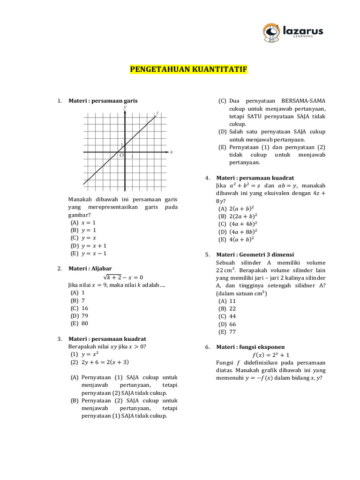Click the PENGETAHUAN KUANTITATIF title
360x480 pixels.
tap(188, 70)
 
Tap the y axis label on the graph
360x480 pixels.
tap(125, 107)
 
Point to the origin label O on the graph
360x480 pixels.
tap(121, 156)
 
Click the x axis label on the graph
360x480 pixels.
tap(172, 152)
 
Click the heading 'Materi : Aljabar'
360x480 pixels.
tap(90, 269)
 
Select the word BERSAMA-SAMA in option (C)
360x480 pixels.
tap(303, 101)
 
